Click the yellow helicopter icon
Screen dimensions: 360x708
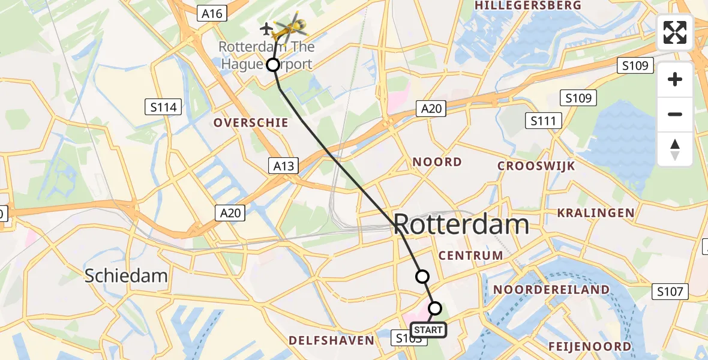click(291, 26)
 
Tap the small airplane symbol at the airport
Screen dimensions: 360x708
click(266, 28)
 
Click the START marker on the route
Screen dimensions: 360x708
click(428, 329)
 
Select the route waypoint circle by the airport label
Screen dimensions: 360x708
click(273, 65)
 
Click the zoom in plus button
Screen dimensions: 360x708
click(675, 79)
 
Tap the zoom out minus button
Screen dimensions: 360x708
click(675, 114)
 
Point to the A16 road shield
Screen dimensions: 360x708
click(212, 13)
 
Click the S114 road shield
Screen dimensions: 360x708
click(163, 107)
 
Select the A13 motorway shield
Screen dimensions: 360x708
click(283, 166)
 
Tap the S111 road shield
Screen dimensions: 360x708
click(543, 121)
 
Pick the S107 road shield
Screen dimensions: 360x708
click(670, 292)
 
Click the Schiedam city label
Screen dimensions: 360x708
click(125, 276)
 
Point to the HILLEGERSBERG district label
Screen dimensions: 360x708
click(528, 5)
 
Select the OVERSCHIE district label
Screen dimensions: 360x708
click(251, 123)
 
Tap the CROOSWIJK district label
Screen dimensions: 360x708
click(536, 166)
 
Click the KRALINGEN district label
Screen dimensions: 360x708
click(595, 213)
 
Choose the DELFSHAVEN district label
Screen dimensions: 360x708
click(331, 341)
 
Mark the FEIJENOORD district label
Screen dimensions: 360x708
click(589, 346)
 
